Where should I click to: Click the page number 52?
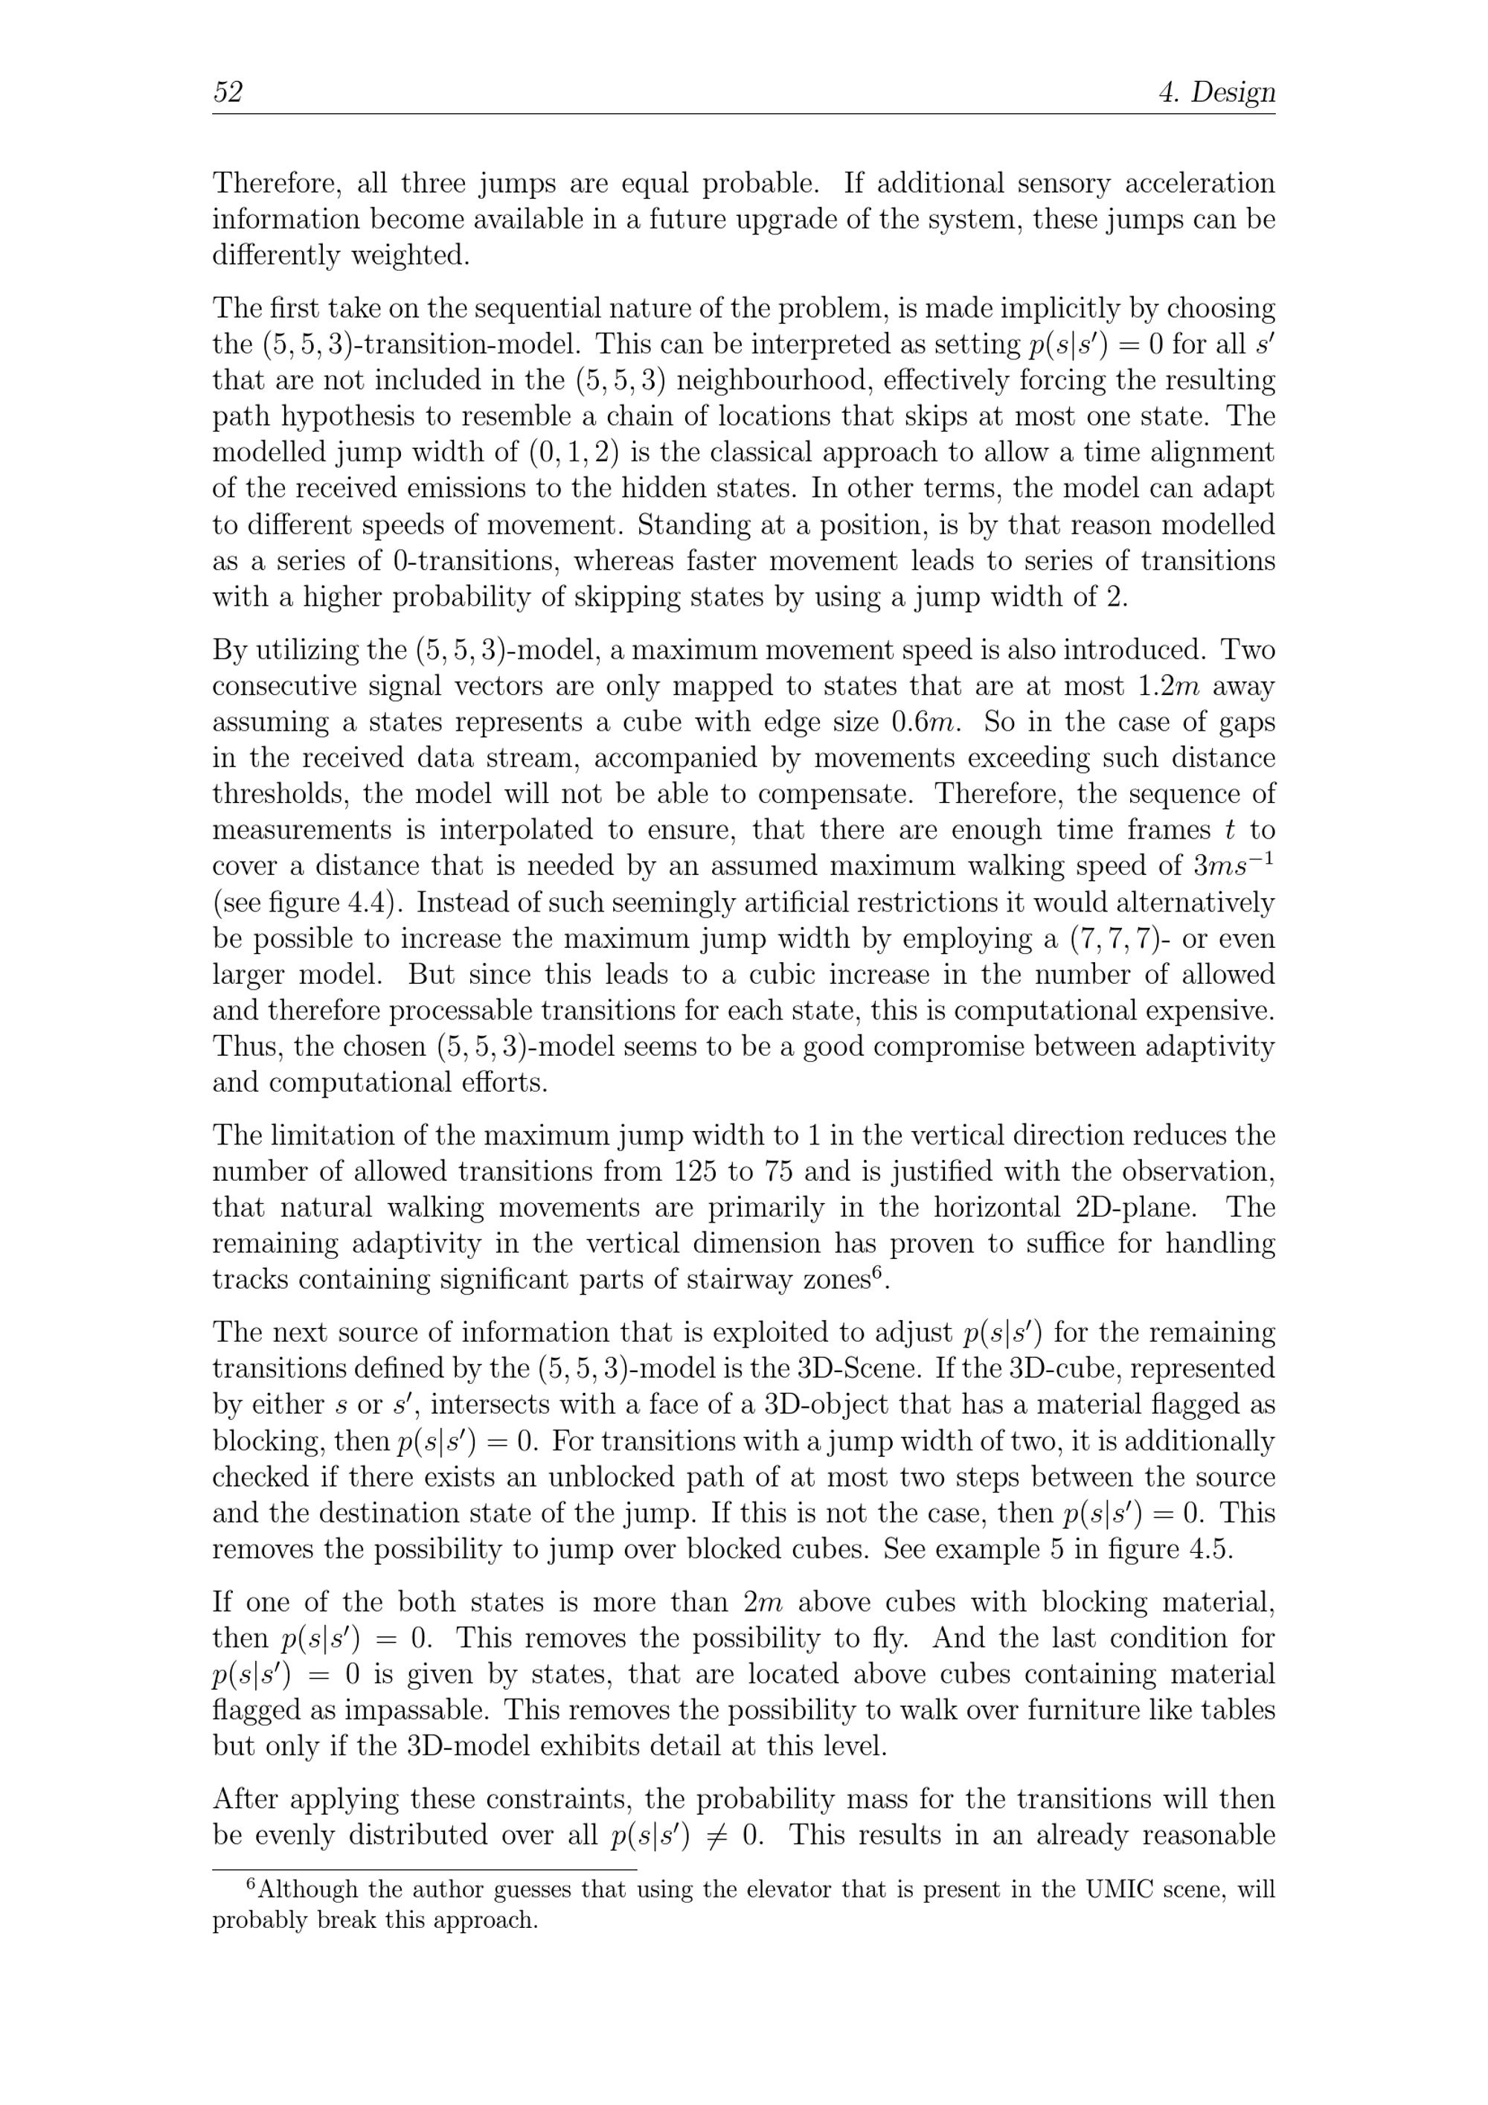[228, 92]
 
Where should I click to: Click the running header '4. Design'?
[1216, 92]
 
